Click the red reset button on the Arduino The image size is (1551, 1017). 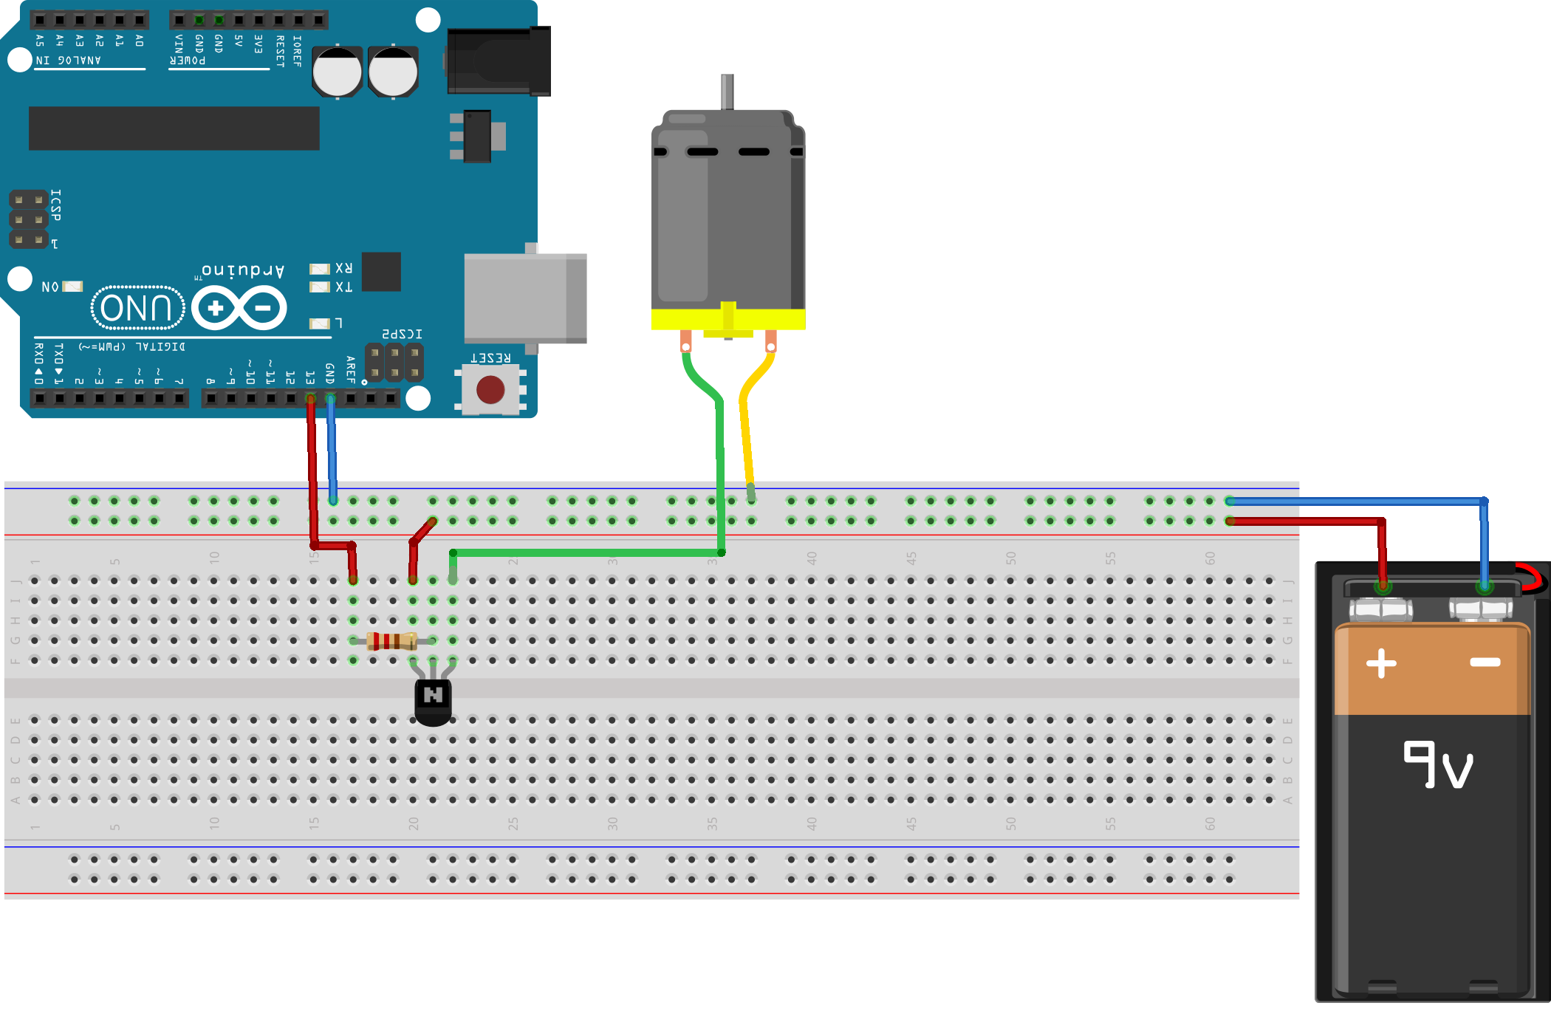(x=490, y=389)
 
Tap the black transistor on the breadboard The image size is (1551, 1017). (x=433, y=700)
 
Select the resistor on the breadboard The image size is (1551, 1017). (x=392, y=640)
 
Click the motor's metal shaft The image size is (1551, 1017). (x=727, y=92)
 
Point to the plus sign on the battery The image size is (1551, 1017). (x=1381, y=662)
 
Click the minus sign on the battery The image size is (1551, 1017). (x=1485, y=662)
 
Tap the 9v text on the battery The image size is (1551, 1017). (x=1437, y=765)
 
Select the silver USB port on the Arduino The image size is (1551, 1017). (x=524, y=298)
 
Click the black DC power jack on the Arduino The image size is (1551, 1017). (x=499, y=61)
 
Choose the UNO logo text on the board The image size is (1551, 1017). (x=137, y=307)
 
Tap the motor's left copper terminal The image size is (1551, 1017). (x=686, y=342)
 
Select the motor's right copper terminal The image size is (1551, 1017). (x=770, y=342)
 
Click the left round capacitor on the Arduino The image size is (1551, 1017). (x=337, y=72)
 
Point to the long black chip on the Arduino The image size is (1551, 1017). (x=174, y=128)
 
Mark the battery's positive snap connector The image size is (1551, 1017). (x=1381, y=609)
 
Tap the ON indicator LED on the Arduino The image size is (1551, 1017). (x=72, y=286)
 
